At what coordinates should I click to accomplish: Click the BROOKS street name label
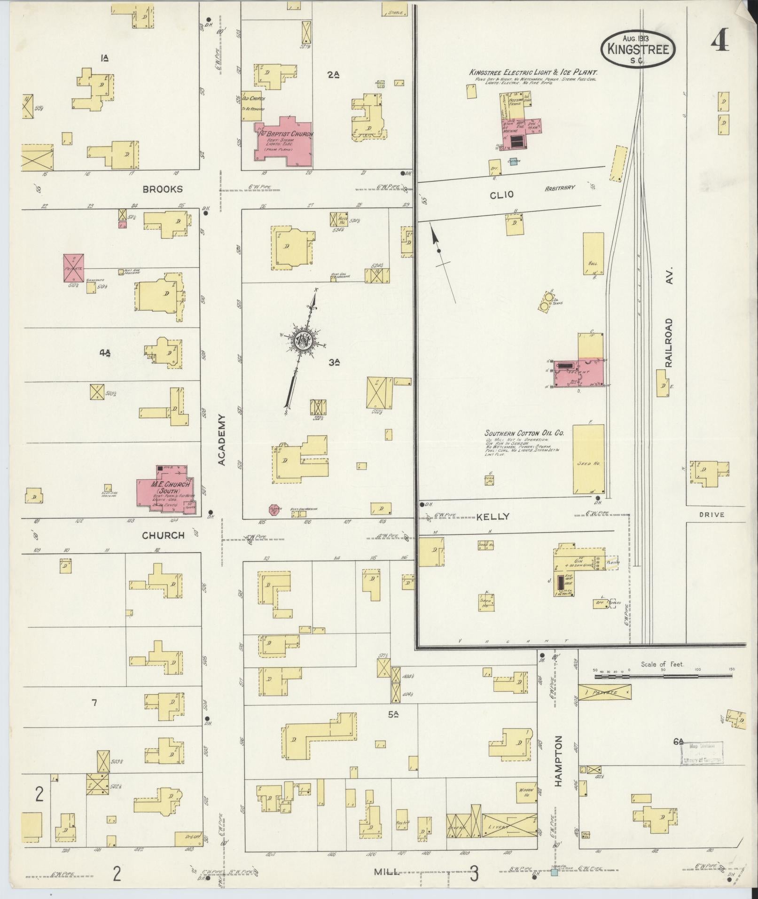pos(163,189)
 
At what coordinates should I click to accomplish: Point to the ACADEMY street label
pos(222,440)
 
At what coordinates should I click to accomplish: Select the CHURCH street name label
pos(164,535)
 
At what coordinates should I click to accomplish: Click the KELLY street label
pos(492,516)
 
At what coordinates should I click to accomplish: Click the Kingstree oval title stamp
pos(638,49)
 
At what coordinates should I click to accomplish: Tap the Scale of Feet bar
pos(663,677)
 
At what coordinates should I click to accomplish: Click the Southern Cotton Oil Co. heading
pos(524,433)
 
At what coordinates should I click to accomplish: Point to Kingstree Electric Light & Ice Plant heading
pos(532,73)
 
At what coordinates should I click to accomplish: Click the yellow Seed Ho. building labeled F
pos(588,459)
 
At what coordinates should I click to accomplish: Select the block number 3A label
pos(334,362)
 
